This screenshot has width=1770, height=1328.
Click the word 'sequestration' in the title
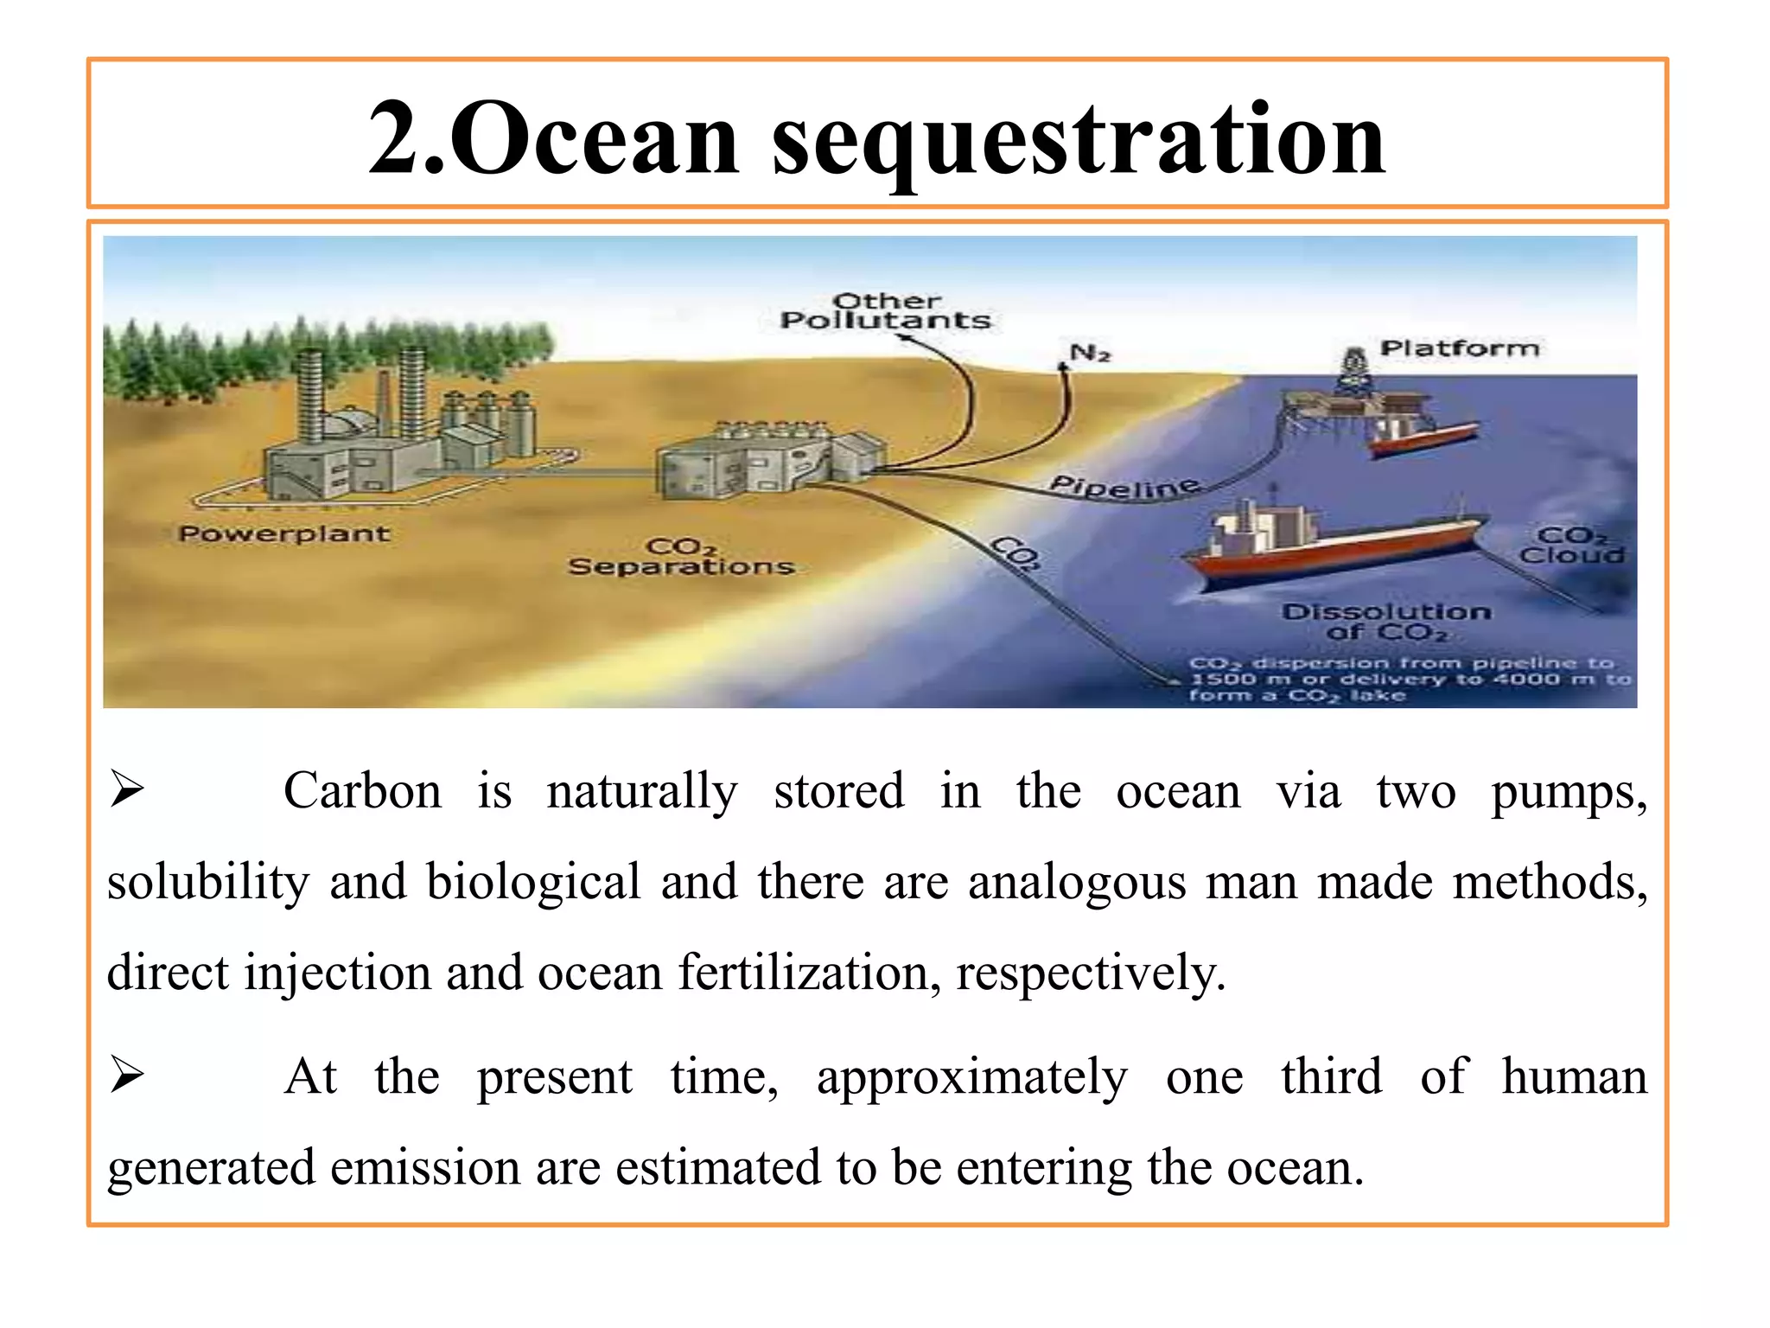[1079, 138]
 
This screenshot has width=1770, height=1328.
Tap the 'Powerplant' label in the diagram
[284, 533]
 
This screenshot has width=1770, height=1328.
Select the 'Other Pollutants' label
[885, 311]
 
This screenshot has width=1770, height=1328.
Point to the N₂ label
[1090, 353]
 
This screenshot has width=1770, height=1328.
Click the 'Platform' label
[1460, 348]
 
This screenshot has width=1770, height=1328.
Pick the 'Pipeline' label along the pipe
[1124, 487]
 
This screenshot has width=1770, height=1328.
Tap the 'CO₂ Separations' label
[681, 558]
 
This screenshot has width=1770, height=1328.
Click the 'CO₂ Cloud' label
[1572, 546]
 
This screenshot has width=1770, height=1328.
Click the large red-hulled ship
[1335, 545]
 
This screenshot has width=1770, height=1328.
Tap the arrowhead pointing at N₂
[1064, 367]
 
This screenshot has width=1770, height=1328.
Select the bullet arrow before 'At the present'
[127, 1076]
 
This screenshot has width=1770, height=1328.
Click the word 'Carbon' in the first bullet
[362, 790]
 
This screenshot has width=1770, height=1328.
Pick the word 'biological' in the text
[533, 882]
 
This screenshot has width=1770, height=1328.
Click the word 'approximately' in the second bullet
[972, 1077]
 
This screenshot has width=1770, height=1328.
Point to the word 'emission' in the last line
[424, 1167]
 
